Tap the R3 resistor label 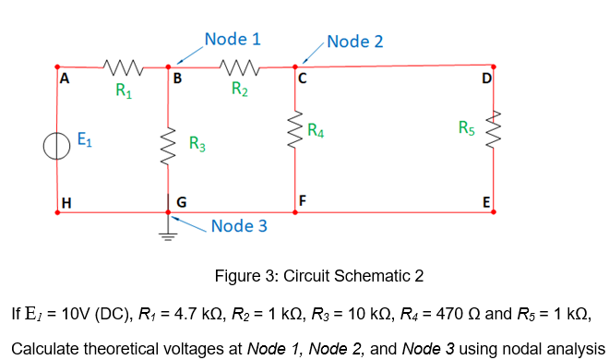tap(197, 144)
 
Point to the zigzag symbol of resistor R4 tap(296, 132)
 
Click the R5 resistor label tap(467, 127)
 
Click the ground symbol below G tap(168, 231)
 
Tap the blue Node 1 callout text tap(233, 39)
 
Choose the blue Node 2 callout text tap(355, 42)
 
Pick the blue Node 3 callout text tap(239, 226)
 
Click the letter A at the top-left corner tap(64, 79)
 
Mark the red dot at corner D tap(494, 66)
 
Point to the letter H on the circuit tap(65, 202)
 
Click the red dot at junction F tap(295, 211)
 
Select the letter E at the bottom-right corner tap(486, 202)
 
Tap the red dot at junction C tap(295, 66)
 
